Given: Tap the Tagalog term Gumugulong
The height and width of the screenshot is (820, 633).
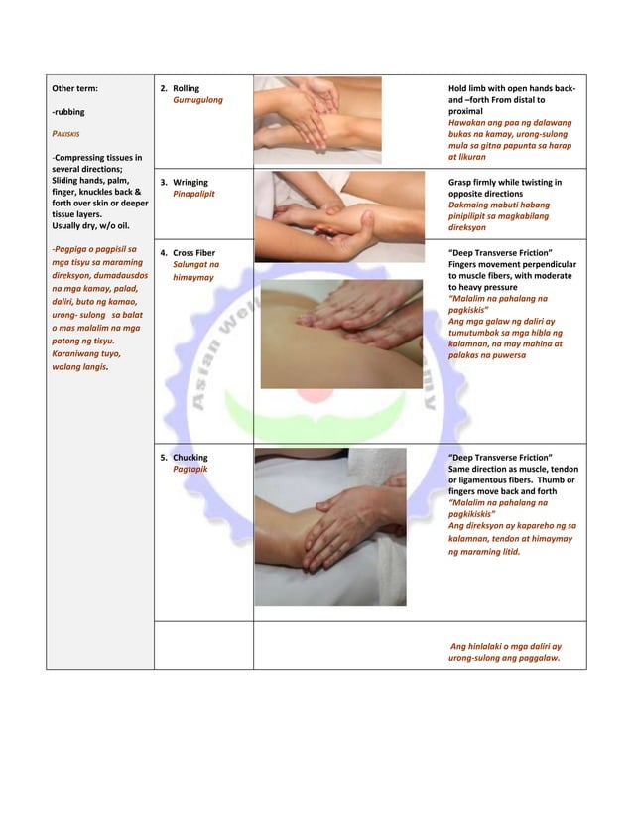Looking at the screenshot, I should [197, 101].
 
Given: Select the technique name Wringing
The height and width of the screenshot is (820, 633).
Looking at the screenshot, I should [190, 183].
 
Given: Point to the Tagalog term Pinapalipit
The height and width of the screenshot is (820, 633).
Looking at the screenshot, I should [193, 195].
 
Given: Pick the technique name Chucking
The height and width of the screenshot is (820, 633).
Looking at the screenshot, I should [190, 458].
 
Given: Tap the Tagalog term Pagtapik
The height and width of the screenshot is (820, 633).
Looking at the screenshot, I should [190, 469].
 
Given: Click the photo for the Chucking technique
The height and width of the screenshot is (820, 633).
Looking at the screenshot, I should [329, 526].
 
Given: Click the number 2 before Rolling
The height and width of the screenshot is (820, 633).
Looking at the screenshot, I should [164, 89].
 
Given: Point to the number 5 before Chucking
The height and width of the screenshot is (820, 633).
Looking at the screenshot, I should [164, 458].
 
